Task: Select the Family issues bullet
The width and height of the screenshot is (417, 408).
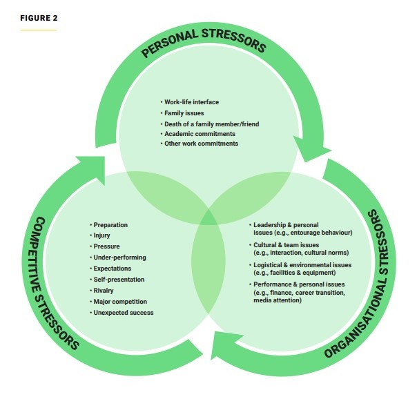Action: pyautogui.click(x=184, y=113)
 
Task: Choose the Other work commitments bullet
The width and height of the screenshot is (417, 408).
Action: pyautogui.click(x=200, y=144)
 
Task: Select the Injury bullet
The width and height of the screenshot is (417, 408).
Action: pyautogui.click(x=102, y=235)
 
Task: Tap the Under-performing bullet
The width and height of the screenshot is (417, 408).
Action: pyautogui.click(x=117, y=258)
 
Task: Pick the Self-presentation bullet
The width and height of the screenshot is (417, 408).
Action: pyautogui.click(x=119, y=280)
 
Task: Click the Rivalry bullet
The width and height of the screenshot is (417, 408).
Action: pyautogui.click(x=104, y=291)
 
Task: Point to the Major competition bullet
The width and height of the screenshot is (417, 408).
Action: pyautogui.click(x=119, y=302)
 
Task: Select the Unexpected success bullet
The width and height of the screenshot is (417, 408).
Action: pyautogui.click(x=124, y=313)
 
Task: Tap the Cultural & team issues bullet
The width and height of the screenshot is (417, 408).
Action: pyautogui.click(x=287, y=245)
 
